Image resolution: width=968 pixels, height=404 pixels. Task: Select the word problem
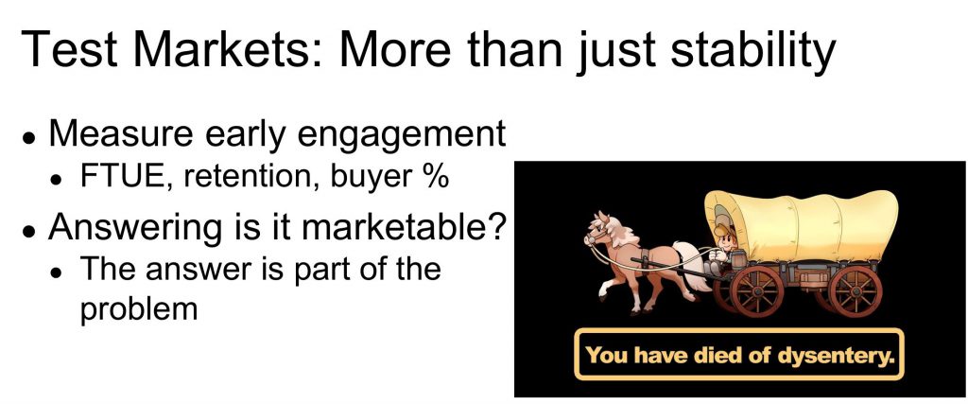pyautogui.click(x=139, y=308)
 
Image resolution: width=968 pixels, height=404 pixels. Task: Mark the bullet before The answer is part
pyautogui.click(x=58, y=272)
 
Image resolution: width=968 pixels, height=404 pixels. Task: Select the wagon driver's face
pyautogui.click(x=727, y=237)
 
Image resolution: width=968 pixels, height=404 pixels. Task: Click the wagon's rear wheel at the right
pyautogui.click(x=855, y=290)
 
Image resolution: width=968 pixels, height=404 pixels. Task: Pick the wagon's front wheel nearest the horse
pyautogui.click(x=756, y=291)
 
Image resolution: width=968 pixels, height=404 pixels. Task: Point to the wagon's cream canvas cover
pyautogui.click(x=802, y=225)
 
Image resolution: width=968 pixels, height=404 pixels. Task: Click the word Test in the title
pyautogui.click(x=68, y=48)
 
